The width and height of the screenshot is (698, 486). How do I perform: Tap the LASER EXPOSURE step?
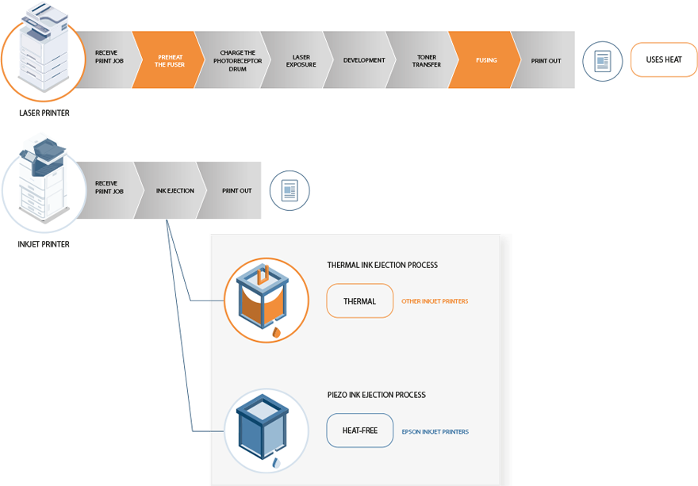coord(301,60)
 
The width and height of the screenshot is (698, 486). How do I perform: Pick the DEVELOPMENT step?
coord(364,60)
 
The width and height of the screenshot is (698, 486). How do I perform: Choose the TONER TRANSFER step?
coord(426,60)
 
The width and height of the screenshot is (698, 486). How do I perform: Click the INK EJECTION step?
coord(174,190)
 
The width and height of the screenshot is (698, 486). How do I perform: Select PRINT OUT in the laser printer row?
coord(547,60)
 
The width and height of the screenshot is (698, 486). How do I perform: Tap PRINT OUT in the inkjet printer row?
coord(236,190)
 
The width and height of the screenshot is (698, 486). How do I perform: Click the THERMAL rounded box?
coord(359,301)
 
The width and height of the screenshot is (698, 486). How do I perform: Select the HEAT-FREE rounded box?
coord(359,431)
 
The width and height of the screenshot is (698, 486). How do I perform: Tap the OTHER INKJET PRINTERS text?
coord(435,301)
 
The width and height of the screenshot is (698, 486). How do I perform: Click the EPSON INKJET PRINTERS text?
coord(435,432)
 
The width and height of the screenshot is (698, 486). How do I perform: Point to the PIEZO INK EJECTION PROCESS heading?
coord(376,395)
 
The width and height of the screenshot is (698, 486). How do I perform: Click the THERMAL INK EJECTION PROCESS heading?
coord(382,265)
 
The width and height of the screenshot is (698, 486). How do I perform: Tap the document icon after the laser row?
coord(602,61)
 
